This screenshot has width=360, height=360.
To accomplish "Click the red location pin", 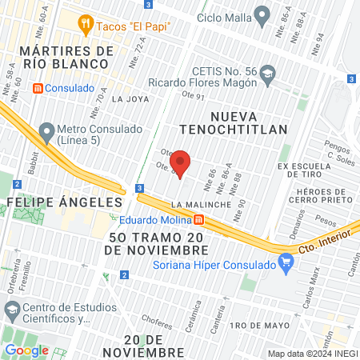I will pyautogui.click(x=180, y=162).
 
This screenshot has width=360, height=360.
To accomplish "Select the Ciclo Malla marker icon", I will pyautogui.click(x=262, y=14).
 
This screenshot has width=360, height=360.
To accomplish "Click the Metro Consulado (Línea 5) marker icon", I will pyautogui.click(x=46, y=130).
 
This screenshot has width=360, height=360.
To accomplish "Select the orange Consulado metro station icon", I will pyautogui.click(x=38, y=88).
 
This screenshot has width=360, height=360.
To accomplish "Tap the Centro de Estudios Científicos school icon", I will pyautogui.click(x=11, y=309).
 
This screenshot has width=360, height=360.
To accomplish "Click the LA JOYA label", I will pyautogui.click(x=130, y=100).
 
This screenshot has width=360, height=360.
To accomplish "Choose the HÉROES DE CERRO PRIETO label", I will pyautogui.click(x=324, y=196).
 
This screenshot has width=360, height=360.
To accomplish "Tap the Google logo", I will pyautogui.click(x=26, y=350).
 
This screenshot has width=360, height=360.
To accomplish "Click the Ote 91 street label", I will pyautogui.click(x=194, y=97).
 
